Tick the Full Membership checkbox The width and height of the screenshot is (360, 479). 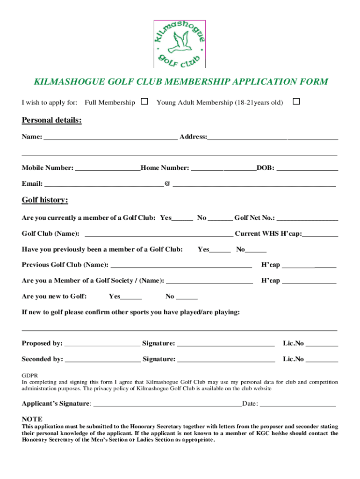click(x=144, y=102)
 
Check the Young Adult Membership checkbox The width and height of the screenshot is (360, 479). click(x=296, y=102)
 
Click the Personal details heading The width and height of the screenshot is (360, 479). click(x=51, y=121)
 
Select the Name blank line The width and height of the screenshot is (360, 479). click(x=110, y=138)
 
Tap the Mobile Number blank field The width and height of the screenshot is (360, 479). click(x=108, y=168)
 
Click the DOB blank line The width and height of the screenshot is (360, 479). click(x=307, y=168)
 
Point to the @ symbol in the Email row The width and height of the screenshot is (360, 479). click(x=167, y=184)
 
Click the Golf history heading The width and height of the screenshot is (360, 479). click(x=45, y=200)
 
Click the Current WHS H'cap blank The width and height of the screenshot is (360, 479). click(x=320, y=234)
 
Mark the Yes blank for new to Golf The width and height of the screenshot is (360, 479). click(x=131, y=297)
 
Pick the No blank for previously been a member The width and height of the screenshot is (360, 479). click(x=256, y=250)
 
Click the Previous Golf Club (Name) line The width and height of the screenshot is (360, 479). click(x=180, y=266)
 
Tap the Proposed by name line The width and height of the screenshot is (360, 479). click(x=102, y=344)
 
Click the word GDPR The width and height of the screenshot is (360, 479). click(x=30, y=375)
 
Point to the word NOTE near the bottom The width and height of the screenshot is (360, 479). click(x=32, y=419)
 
